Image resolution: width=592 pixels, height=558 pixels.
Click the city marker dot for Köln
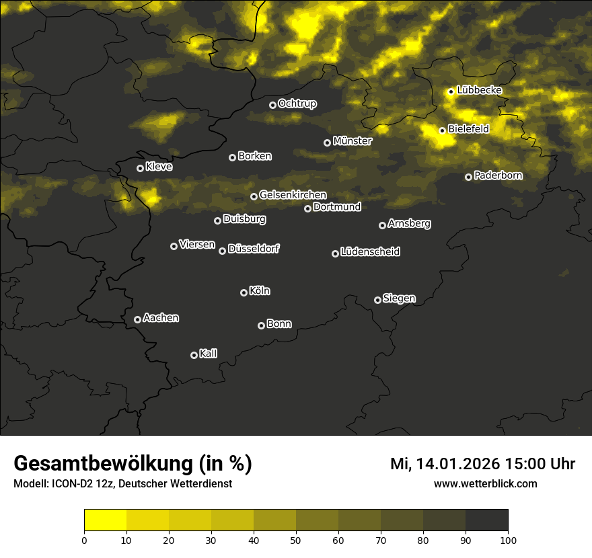click(244, 292)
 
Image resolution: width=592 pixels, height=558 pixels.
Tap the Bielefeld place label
click(468, 129)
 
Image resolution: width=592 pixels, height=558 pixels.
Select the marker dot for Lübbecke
click(451, 91)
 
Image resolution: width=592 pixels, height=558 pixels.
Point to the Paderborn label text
click(498, 175)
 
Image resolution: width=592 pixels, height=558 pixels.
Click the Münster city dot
click(327, 143)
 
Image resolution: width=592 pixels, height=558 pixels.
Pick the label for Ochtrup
click(297, 104)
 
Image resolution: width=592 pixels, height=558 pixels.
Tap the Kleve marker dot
click(140, 168)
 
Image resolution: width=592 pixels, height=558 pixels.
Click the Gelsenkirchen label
click(293, 195)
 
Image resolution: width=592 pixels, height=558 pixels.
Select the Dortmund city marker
click(307, 208)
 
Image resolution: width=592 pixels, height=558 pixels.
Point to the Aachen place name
click(161, 318)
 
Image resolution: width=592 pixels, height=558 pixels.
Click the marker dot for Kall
click(194, 355)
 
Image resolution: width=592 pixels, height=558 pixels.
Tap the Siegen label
click(399, 298)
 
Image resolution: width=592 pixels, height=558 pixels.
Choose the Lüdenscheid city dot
click(335, 253)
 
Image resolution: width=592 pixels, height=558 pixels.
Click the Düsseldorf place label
click(254, 249)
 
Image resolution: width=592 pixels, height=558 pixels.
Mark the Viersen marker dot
click(174, 246)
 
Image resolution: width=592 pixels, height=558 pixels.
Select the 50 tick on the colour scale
click(296, 539)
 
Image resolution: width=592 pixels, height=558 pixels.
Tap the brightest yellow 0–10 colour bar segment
click(106, 520)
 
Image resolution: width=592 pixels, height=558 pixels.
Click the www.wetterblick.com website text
click(485, 483)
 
